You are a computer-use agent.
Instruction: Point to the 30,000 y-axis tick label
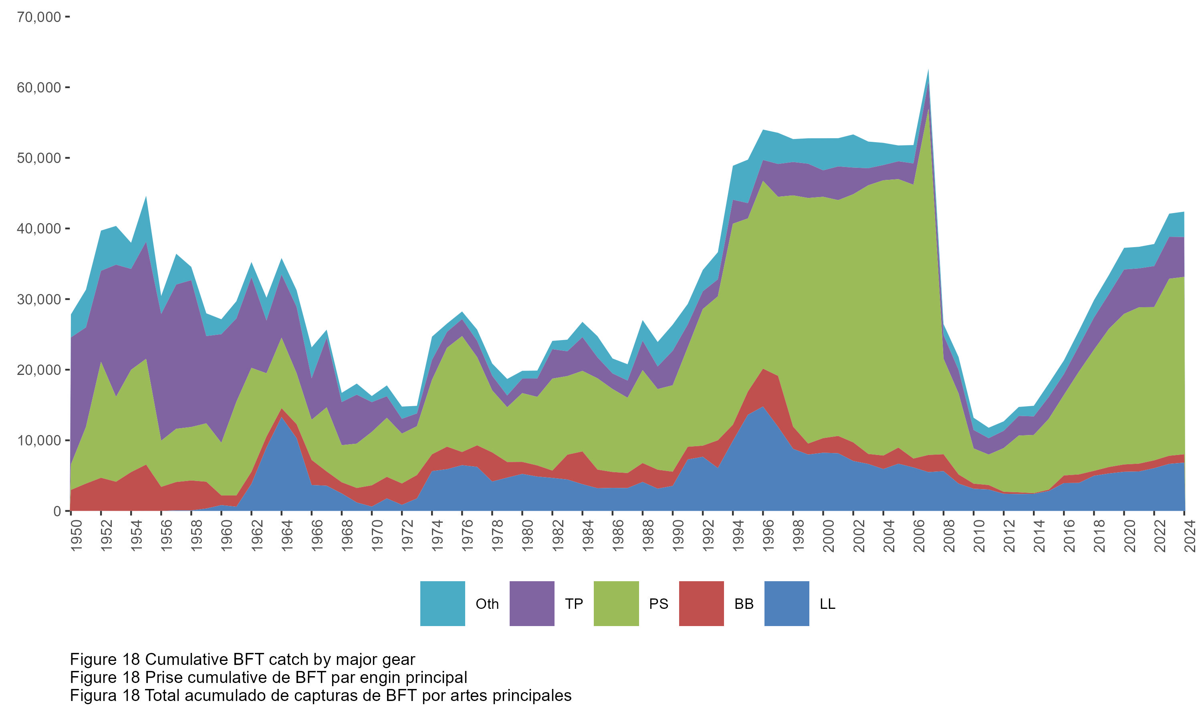click(39, 299)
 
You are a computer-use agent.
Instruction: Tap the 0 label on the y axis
click(57, 511)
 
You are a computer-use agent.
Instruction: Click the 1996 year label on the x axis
click(768, 536)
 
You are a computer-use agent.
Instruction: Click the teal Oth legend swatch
click(442, 603)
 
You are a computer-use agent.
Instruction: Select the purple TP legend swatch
click(532, 603)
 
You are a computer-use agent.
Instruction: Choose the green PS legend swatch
click(616, 603)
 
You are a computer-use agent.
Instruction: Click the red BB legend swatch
click(701, 603)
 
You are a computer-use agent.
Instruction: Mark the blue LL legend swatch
click(787, 603)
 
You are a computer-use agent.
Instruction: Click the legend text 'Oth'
click(487, 604)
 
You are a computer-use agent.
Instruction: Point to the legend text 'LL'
click(827, 604)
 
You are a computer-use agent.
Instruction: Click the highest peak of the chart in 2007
click(928, 70)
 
